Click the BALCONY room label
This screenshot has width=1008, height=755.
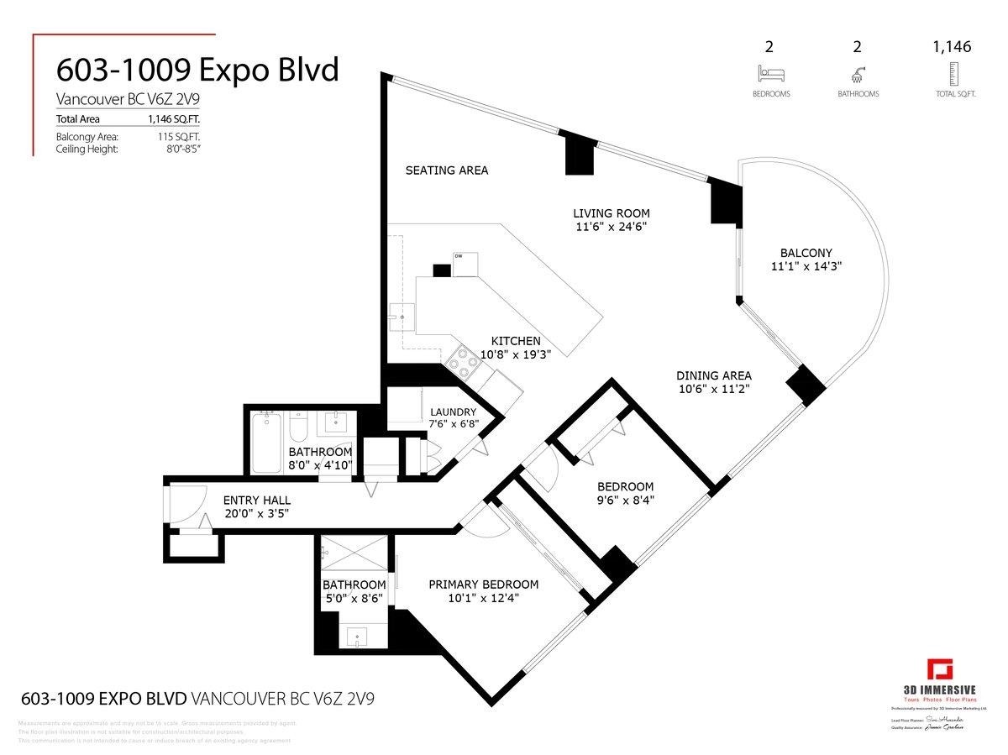805,253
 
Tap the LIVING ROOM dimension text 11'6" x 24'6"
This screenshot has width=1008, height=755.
611,227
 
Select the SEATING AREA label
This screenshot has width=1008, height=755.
446,170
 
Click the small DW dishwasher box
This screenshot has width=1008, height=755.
465,263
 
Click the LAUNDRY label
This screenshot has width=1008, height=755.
454,412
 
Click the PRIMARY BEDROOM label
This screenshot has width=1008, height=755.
483,585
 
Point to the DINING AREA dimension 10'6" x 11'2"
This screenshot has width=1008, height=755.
713,390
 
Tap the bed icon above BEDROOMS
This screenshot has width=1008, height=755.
770,74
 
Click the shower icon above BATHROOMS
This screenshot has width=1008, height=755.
858,74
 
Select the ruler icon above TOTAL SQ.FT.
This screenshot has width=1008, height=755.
952,74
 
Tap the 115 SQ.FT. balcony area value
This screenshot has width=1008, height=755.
174,136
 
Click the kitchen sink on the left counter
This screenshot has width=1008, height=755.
402,317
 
